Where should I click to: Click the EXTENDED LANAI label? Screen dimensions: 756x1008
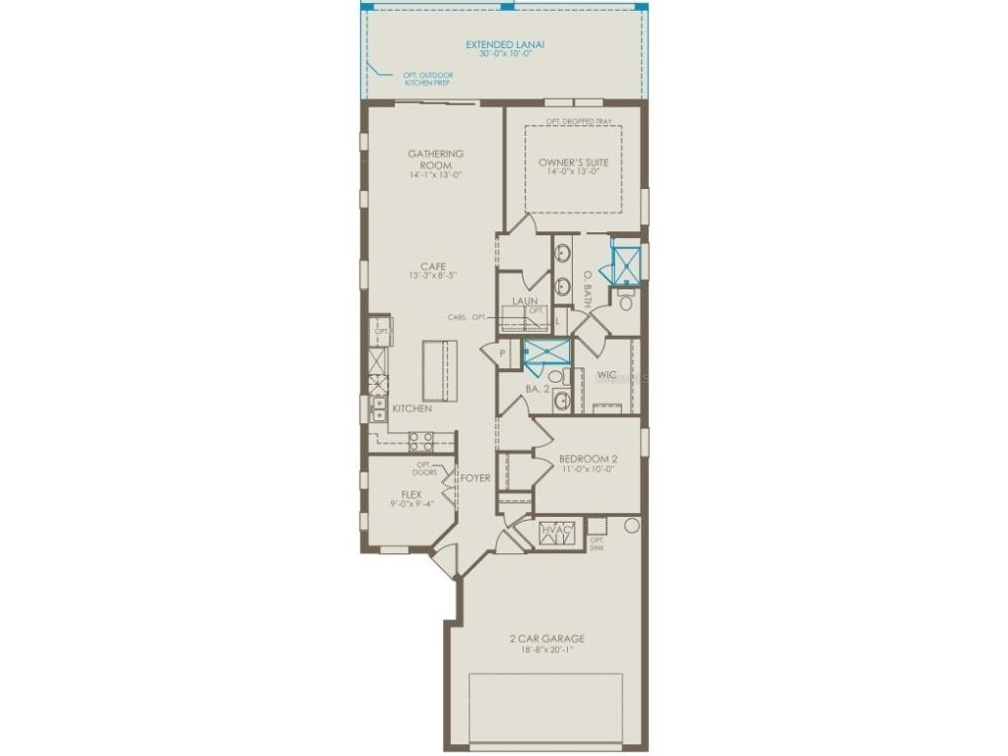[505, 45]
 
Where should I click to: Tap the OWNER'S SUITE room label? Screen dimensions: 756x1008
[573, 162]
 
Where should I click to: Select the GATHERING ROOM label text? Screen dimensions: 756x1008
[435, 159]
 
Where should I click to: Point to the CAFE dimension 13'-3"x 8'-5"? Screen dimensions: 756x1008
[433, 277]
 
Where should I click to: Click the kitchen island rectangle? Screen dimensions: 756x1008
[440, 370]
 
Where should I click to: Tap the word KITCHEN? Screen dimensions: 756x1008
[411, 409]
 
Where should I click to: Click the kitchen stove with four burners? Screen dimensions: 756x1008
[420, 440]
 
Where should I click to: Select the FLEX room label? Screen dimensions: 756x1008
[411, 494]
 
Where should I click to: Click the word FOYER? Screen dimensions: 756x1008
[475, 478]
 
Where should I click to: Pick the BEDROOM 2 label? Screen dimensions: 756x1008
[587, 459]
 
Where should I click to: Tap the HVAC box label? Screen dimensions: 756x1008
[556, 532]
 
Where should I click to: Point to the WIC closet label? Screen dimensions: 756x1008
[606, 374]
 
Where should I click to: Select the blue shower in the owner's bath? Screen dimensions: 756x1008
[626, 262]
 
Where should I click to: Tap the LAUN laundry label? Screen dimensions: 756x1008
[524, 301]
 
